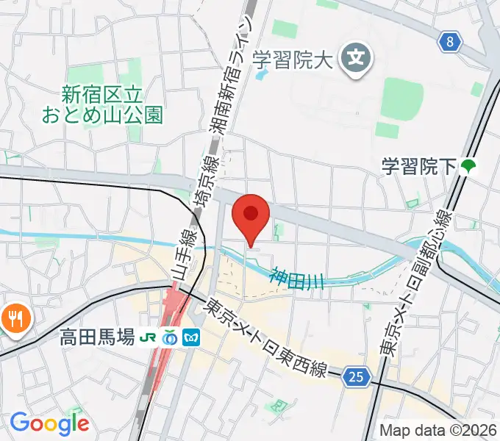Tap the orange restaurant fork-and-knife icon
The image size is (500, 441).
point(14,319)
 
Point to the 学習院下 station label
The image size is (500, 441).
point(419,167)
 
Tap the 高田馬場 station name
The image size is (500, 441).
point(98,338)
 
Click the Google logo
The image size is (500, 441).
point(49,423)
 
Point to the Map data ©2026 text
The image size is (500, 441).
point(438,431)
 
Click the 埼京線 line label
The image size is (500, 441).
point(201,188)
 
